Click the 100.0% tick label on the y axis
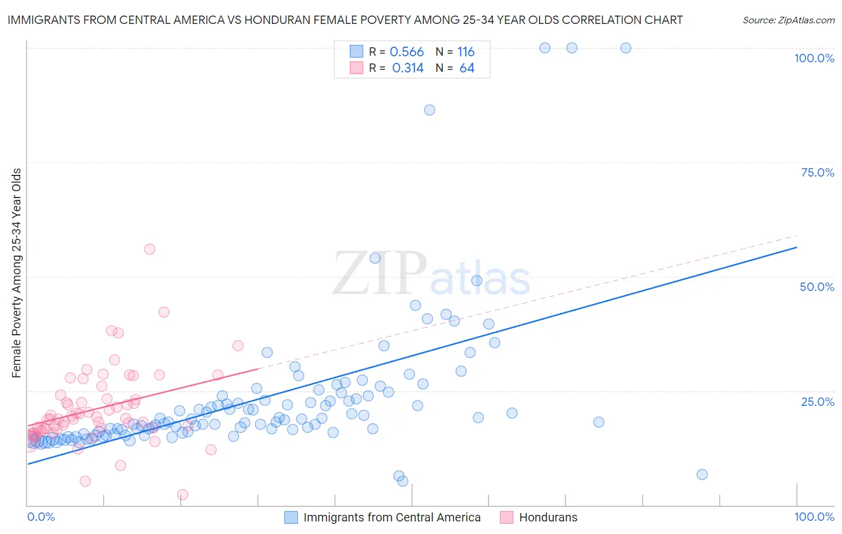814,58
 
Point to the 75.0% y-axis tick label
817,172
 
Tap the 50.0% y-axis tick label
817,287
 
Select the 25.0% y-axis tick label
817,401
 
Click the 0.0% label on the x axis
41,517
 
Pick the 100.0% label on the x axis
814,517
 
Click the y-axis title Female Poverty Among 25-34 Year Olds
17,273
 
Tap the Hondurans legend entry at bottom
548,517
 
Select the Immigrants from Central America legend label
392,517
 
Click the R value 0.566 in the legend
407,52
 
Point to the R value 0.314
408,68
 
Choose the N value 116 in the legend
466,52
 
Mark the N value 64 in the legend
467,68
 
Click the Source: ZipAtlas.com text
788,20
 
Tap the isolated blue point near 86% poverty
429,110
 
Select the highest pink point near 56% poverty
150,249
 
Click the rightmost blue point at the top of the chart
626,48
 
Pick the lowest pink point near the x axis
183,494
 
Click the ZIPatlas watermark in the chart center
431,274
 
